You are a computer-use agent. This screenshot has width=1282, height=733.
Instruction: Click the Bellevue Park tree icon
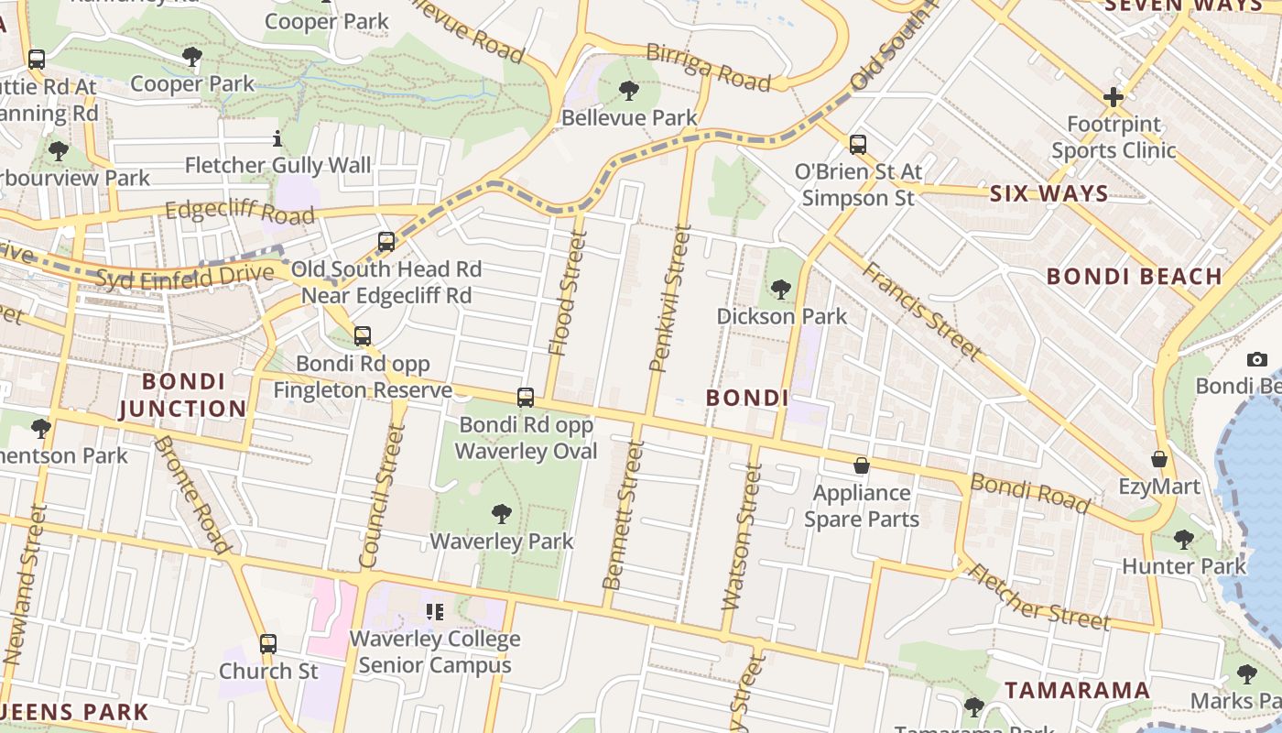[x=628, y=90]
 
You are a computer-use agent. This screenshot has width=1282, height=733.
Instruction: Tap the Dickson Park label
[x=781, y=316]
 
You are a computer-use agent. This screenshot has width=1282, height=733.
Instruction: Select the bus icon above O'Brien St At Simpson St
[x=857, y=144]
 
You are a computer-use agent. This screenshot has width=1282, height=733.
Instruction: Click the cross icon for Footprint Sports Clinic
[x=1113, y=96]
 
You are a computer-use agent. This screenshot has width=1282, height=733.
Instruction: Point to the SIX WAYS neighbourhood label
[x=1048, y=194]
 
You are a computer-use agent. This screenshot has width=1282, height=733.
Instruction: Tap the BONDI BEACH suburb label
[x=1134, y=276]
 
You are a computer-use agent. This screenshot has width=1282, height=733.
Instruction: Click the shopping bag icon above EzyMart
[x=1159, y=458]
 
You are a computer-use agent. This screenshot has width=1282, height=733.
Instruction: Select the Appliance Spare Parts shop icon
[x=861, y=465]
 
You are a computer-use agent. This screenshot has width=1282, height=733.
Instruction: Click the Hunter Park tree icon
[x=1183, y=539]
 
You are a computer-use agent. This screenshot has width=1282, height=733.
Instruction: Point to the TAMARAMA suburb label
[x=1077, y=690]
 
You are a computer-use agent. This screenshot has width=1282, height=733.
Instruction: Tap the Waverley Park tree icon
[x=501, y=513]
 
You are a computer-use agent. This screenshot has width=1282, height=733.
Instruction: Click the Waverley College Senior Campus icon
[x=435, y=611]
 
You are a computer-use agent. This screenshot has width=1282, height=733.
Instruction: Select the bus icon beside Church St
[x=267, y=643]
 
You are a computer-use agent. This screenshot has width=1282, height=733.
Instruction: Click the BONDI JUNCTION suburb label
[x=183, y=395]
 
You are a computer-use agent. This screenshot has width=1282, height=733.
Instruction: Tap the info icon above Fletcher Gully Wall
[x=277, y=139]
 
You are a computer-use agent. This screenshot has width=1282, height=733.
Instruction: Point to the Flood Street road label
[x=567, y=292]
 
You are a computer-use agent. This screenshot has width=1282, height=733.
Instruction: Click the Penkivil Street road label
[x=669, y=299]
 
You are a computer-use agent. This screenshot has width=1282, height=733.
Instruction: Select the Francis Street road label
[x=921, y=311]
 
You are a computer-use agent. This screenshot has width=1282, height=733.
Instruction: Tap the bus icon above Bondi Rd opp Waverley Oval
[x=526, y=397]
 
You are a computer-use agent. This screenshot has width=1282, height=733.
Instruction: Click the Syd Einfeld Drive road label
[x=184, y=276]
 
